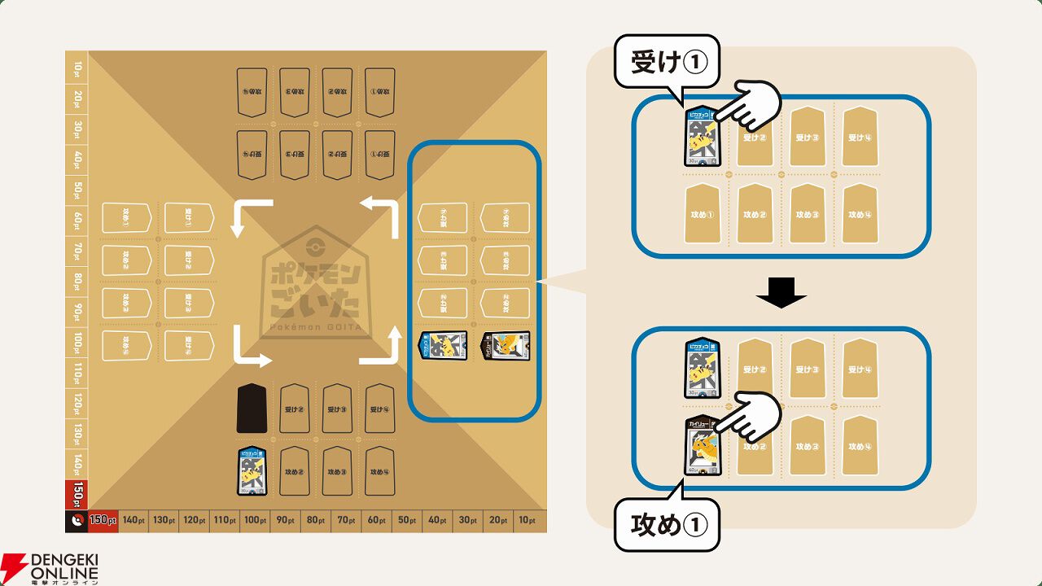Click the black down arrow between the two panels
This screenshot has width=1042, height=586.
click(x=781, y=293)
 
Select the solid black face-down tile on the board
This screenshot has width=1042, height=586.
click(x=252, y=409)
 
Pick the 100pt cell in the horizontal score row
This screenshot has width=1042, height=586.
click(x=253, y=520)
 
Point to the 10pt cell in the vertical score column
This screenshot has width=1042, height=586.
click(x=77, y=67)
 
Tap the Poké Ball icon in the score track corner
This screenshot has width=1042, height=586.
click(x=77, y=520)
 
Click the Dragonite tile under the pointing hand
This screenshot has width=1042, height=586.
click(x=702, y=445)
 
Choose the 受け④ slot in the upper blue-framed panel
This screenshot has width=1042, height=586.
click(x=859, y=137)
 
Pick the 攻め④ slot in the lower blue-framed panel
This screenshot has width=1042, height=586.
click(x=859, y=445)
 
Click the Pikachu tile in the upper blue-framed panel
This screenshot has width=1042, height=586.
click(x=702, y=137)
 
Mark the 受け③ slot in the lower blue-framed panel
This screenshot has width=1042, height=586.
click(x=807, y=369)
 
